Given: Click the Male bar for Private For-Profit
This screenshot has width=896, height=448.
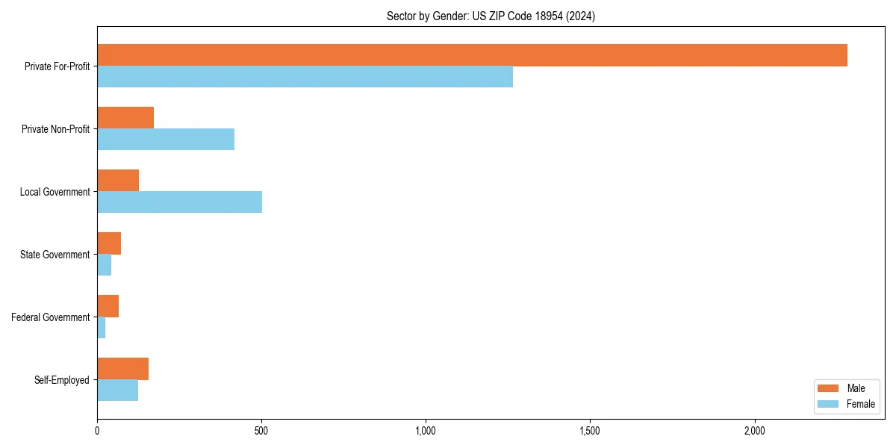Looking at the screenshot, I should [472, 55].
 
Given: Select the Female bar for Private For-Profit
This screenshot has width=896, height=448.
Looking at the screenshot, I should [305, 77].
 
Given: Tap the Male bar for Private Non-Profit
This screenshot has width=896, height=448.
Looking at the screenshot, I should [125, 118].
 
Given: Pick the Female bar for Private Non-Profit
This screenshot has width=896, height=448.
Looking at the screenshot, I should [166, 140].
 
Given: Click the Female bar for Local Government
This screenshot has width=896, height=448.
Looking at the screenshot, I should [179, 202].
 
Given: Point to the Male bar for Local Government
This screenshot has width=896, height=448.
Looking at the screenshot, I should [118, 181].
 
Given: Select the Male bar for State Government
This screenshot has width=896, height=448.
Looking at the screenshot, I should [109, 243].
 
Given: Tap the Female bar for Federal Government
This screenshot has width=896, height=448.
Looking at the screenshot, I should [102, 328].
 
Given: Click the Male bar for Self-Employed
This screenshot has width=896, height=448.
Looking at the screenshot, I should [122, 369].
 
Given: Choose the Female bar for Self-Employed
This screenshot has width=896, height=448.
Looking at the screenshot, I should [117, 391].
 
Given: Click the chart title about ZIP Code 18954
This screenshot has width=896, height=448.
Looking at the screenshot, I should [491, 16].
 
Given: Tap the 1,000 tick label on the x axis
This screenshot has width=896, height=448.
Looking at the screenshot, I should [426, 431].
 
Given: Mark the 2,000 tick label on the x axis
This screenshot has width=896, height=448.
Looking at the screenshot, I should [754, 431].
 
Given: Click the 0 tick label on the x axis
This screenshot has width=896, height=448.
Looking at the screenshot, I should [97, 431].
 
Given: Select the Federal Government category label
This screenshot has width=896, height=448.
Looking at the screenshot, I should [50, 317].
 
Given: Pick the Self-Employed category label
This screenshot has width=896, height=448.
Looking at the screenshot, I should [61, 380].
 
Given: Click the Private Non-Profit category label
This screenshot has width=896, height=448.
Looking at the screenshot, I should [55, 129].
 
